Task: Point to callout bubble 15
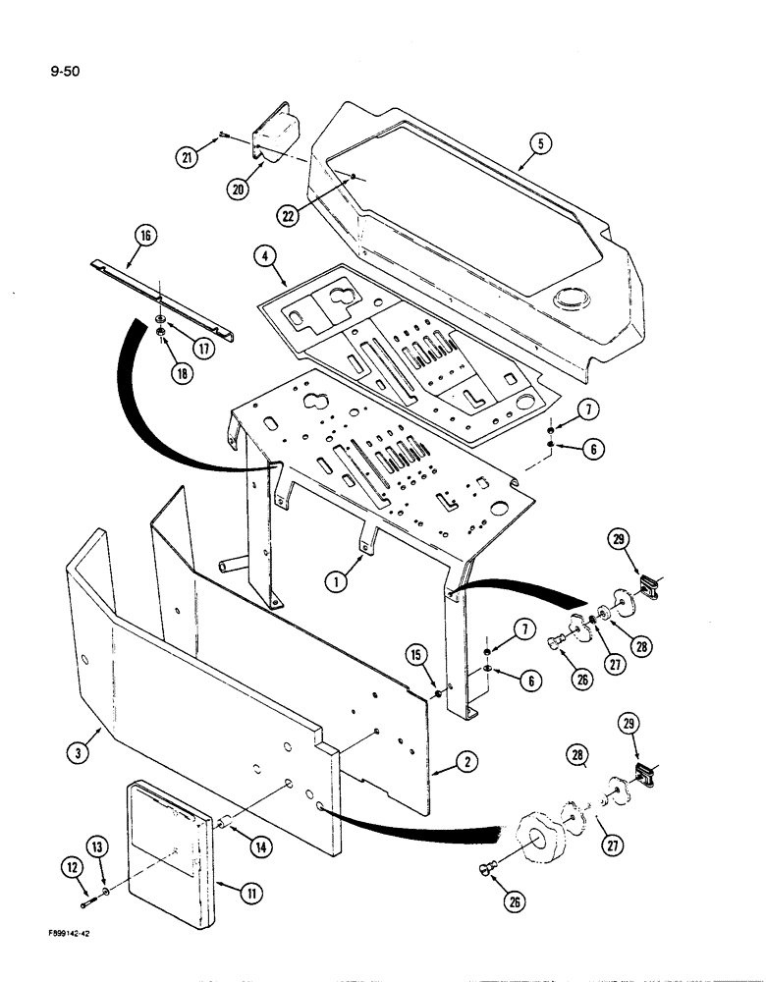416,654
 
